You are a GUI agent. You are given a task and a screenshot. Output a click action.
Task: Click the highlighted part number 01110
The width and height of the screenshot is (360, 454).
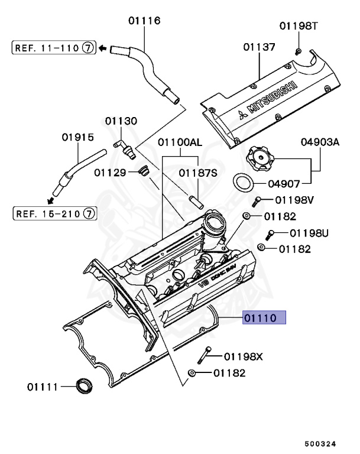click(x=263, y=319)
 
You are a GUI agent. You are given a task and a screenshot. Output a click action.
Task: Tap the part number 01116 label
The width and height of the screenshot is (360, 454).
click(x=144, y=21)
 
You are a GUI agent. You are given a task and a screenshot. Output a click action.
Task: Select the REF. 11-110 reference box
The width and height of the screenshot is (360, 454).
click(x=53, y=48)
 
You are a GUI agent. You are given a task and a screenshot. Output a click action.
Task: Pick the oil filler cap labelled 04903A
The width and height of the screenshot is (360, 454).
click(x=261, y=159)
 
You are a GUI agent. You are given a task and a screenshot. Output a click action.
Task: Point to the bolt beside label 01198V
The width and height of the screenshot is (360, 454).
click(x=258, y=202)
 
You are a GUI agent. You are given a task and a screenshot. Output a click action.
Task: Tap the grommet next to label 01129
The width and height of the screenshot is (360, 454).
click(x=142, y=172)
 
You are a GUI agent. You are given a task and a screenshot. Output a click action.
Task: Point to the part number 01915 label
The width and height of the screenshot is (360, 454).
click(x=77, y=137)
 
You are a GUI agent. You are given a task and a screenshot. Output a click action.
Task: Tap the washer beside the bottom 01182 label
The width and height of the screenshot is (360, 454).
click(x=193, y=374)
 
